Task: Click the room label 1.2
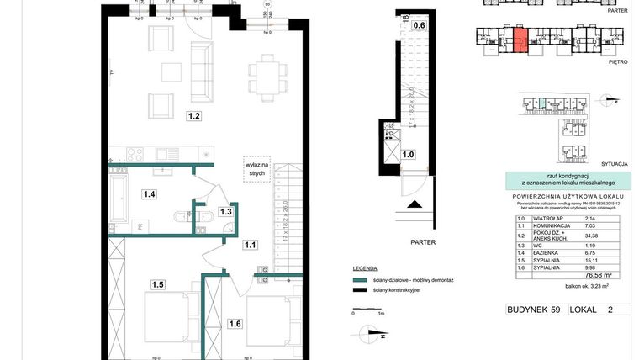(x=193, y=116)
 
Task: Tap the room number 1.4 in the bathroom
(x=150, y=194)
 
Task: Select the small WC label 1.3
(x=225, y=211)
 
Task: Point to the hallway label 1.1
(x=251, y=245)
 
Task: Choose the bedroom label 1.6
(x=235, y=322)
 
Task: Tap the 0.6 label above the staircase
(x=418, y=25)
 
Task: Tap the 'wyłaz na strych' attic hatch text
(x=256, y=167)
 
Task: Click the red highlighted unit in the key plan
(x=520, y=40)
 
